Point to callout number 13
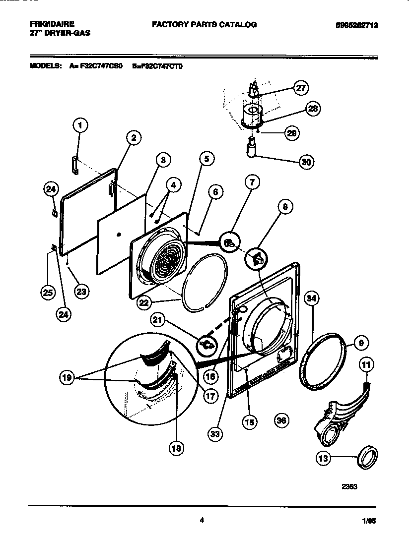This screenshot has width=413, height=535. pyautogui.click(x=324, y=459)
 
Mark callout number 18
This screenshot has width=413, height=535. pyautogui.click(x=176, y=448)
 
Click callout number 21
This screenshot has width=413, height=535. pyautogui.click(x=157, y=322)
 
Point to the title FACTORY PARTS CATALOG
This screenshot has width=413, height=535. pyautogui.click(x=204, y=24)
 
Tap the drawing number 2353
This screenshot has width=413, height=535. pyautogui.click(x=349, y=486)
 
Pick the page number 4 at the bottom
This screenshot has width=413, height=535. pyautogui.click(x=202, y=520)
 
